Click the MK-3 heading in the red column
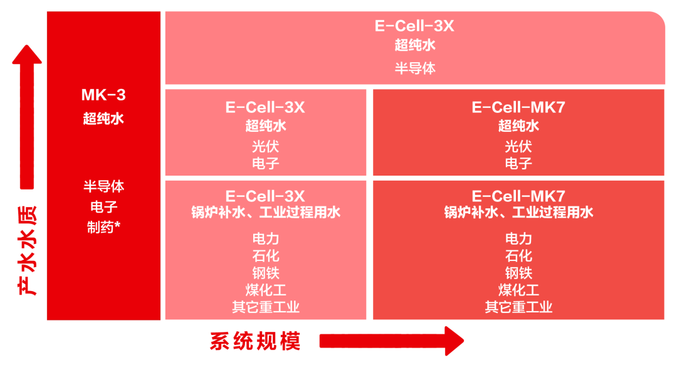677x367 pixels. pos(103,95)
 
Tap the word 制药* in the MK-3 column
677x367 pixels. pos(103,227)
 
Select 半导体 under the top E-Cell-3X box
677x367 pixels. pos(415,68)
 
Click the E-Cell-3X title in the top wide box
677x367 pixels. pos(414,26)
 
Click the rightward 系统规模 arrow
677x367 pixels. pos(392,341)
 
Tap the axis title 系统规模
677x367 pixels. pos(255,341)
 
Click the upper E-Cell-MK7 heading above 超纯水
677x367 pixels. pos(518,107)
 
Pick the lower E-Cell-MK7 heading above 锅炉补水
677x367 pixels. pos(518,195)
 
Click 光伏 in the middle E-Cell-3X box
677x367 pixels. pos(265,147)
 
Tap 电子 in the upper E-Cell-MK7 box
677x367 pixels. pos(518,164)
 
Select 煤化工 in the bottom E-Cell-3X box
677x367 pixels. pos(265,290)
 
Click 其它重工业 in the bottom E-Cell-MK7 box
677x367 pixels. pos(518,307)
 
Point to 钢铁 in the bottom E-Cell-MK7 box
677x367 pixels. pos(518,273)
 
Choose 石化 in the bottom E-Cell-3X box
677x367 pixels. pos(265,256)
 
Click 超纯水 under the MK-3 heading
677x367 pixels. pos(103,119)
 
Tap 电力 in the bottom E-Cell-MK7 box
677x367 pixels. pos(518,238)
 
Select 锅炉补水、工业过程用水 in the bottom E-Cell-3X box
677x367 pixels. pos(265,212)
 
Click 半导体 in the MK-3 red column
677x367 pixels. pos(103,187)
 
